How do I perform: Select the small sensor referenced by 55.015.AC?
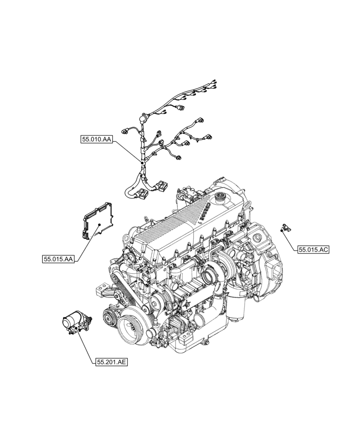(283, 228)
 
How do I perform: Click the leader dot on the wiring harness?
(142, 164)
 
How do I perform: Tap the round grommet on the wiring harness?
(143, 119)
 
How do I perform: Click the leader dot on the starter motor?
(78, 328)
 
